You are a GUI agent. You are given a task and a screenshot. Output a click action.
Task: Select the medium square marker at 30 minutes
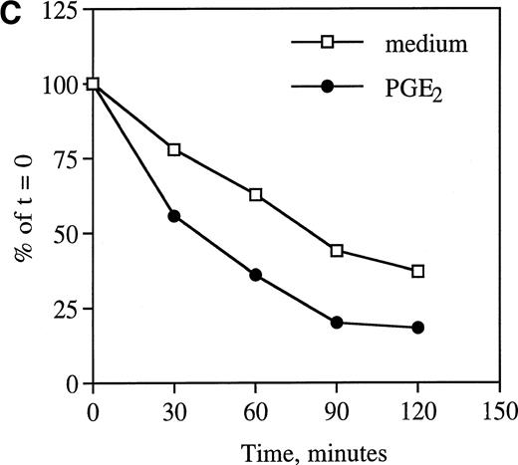[174, 149]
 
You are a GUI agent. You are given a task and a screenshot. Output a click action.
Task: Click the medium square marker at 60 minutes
[256, 195]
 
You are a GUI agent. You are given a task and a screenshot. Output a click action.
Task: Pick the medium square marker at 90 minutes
[337, 251]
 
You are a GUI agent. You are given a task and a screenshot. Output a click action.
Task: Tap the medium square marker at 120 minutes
[418, 271]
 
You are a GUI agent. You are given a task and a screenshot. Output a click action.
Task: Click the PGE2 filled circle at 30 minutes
[174, 216]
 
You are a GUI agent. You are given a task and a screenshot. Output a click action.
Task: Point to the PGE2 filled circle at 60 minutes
[256, 275]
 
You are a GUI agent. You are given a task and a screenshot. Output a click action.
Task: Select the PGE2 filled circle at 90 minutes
[337, 323]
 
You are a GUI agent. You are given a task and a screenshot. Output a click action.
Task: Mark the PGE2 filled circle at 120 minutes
[418, 328]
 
